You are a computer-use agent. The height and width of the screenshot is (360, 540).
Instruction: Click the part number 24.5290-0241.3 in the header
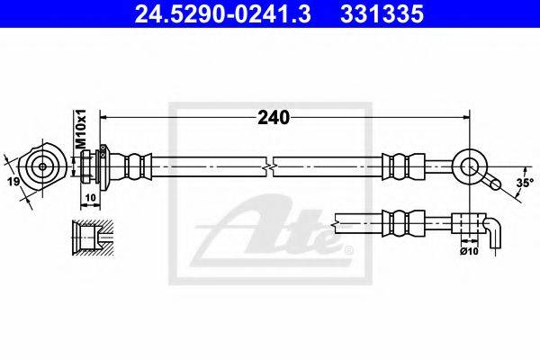pos(222,14)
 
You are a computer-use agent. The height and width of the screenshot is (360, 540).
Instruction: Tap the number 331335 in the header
pos(382,14)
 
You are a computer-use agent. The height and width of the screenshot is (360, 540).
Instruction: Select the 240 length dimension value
pos(274,118)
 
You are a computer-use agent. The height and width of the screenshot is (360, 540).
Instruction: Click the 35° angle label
pos(525,183)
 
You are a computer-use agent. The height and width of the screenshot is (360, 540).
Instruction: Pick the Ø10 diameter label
pos(469,251)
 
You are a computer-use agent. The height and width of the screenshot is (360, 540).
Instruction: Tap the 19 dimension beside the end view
pos(14,182)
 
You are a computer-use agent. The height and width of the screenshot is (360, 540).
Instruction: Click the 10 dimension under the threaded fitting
pos(90,198)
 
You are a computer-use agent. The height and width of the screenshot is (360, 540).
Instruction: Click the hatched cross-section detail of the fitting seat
pos(93,238)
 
